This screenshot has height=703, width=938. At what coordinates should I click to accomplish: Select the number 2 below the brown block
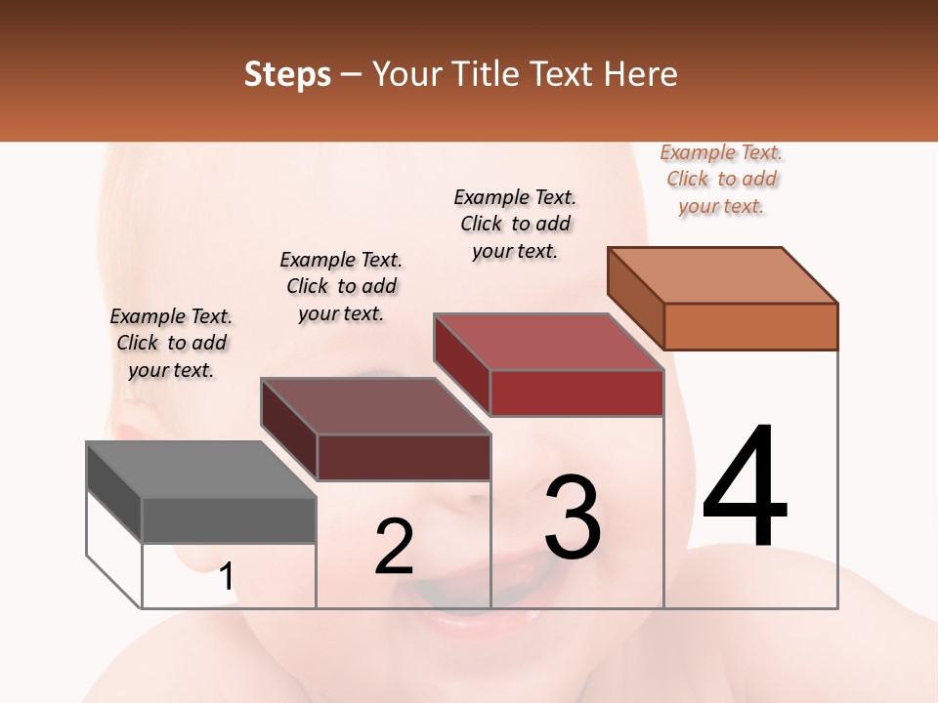(x=394, y=546)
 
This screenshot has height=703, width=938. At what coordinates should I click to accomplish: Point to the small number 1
(x=226, y=576)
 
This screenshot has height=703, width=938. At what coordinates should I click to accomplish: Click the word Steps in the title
(x=287, y=74)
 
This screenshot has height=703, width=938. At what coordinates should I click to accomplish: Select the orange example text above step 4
(x=722, y=179)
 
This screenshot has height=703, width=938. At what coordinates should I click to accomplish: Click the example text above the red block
(x=515, y=224)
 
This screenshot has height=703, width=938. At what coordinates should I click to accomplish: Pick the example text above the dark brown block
(x=341, y=286)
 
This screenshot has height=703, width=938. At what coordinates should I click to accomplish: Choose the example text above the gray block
(x=171, y=343)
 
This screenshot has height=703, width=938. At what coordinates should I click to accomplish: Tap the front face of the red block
(x=576, y=393)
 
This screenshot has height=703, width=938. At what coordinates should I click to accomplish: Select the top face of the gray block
(x=200, y=470)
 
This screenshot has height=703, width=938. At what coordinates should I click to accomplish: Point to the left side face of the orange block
(x=635, y=298)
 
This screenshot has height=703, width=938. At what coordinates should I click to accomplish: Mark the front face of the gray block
(x=229, y=520)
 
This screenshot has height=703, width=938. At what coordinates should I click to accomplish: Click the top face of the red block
(x=548, y=342)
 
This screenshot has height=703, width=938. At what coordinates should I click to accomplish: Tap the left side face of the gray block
(x=114, y=492)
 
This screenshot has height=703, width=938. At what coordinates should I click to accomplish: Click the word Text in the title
(x=563, y=74)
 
